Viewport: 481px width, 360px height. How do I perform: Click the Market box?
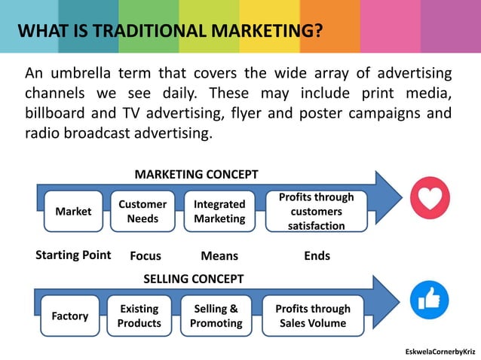tap(73, 212)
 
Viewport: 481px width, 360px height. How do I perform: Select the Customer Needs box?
tap(142, 212)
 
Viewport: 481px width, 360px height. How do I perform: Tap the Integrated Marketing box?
tap(219, 212)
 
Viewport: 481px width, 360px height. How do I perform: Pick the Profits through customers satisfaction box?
tap(316, 212)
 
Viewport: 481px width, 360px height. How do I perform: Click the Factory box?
tap(69, 316)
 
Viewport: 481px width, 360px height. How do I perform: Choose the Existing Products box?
tap(139, 316)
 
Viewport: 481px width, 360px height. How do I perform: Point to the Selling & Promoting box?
tap(216, 316)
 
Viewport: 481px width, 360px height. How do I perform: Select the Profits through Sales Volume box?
tap(313, 316)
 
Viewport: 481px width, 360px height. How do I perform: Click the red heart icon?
tap(430, 198)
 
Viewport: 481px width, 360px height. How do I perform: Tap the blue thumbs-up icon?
tap(429, 300)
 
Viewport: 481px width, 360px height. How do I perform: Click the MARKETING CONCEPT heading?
tap(196, 175)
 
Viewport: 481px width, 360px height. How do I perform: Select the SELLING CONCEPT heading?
tap(194, 279)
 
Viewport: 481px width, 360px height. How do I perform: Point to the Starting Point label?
tap(73, 255)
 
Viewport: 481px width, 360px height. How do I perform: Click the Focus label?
tap(146, 256)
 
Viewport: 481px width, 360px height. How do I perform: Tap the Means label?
tap(219, 256)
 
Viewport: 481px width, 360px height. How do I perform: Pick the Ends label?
tap(317, 256)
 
